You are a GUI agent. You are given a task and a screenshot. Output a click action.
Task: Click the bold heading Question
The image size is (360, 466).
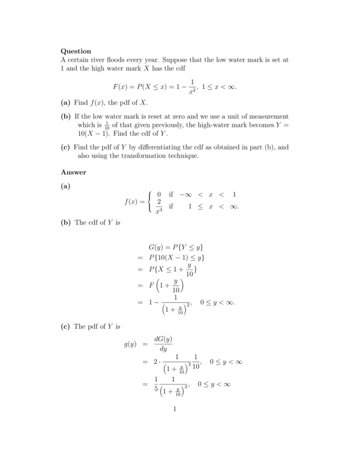tap(76, 51)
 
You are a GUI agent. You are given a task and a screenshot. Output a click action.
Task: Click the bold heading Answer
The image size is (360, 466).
tap(73, 172)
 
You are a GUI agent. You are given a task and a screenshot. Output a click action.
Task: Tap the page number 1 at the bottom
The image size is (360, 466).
tap(174, 410)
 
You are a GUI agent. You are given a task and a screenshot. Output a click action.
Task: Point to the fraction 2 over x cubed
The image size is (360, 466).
tap(160, 205)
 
